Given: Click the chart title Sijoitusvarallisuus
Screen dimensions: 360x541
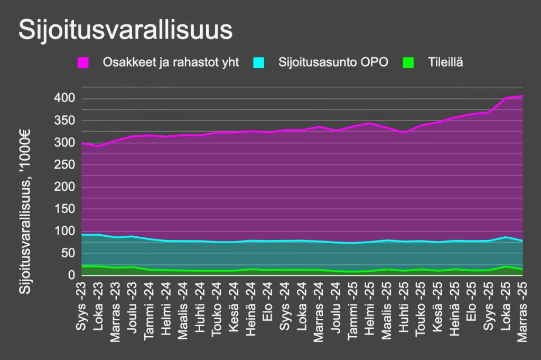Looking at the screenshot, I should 125,30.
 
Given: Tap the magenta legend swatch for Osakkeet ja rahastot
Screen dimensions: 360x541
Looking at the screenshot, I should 83,63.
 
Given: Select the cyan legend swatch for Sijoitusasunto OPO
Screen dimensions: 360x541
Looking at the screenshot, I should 258,63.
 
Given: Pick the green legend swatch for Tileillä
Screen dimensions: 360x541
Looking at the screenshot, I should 407,63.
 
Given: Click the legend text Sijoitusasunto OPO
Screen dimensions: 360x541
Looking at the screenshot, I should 333,63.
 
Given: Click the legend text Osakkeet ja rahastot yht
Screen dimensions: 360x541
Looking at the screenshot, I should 171,63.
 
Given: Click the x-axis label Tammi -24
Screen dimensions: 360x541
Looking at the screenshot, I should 150,307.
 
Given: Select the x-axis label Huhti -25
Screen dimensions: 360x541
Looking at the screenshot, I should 403,306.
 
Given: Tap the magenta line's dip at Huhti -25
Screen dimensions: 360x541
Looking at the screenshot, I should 404,132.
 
